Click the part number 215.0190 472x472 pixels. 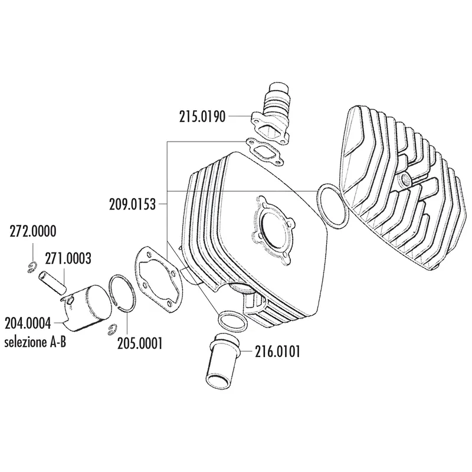202,117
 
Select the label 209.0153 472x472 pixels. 132,205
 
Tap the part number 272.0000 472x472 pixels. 33,232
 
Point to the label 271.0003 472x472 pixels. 68,258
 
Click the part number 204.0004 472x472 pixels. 28,324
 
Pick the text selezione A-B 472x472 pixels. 35,342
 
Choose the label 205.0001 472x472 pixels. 140,343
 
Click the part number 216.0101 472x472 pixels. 277,352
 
